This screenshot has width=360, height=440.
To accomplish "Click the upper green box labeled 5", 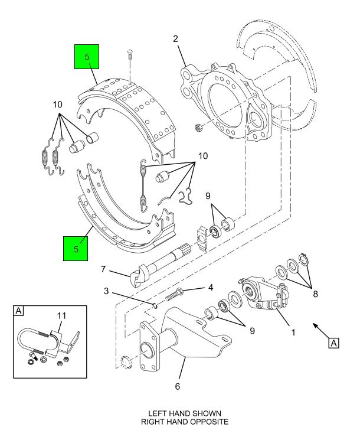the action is pyautogui.click(x=87, y=57).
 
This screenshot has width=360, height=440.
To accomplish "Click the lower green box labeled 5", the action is pyautogui.click(x=76, y=249).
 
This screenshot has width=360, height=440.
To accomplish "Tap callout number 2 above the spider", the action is pyautogui.click(x=175, y=39).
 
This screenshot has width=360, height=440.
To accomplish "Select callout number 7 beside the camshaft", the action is pyautogui.click(x=103, y=269).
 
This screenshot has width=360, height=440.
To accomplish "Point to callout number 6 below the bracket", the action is pyautogui.click(x=178, y=386).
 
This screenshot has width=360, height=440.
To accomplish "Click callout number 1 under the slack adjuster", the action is pyautogui.click(x=293, y=333).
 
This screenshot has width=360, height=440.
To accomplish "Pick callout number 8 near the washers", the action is pyautogui.click(x=315, y=294).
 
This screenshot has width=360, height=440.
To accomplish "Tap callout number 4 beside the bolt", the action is pyautogui.click(x=211, y=288).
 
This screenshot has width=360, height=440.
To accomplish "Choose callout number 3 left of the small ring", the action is pyautogui.click(x=106, y=291).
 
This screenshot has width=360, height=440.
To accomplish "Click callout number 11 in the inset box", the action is pyautogui.click(x=62, y=316).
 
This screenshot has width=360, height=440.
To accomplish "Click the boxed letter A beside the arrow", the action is pyautogui.click(x=333, y=343).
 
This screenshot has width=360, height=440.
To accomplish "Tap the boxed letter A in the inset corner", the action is pyautogui.click(x=18, y=311).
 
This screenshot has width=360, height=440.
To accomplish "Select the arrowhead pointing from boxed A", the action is pyautogui.click(x=316, y=326).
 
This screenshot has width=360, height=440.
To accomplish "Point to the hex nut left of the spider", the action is pyautogui.click(x=198, y=128).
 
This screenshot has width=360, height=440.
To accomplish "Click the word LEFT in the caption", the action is pyautogui.click(x=158, y=413).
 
